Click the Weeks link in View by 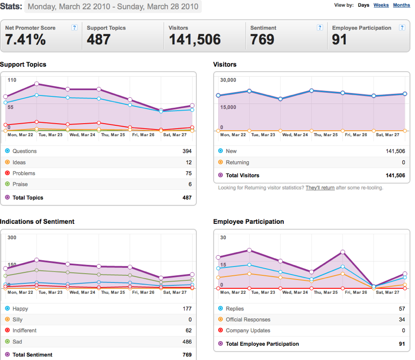[381, 5]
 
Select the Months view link [402, 5]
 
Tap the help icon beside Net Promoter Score [74, 27]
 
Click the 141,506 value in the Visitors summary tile [195, 39]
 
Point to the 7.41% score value [26, 39]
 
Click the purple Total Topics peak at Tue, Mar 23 [37, 84]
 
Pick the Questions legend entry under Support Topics [21, 151]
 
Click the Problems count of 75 [188, 173]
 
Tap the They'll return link [320, 188]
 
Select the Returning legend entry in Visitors [233, 163]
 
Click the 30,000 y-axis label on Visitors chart [228, 80]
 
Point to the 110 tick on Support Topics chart [12, 80]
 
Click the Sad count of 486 [187, 342]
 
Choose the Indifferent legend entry [21, 330]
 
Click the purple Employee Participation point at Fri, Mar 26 [343, 252]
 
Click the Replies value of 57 [402, 309]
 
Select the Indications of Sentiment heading [37, 221]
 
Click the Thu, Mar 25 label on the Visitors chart [325, 135]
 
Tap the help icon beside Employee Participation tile [402, 27]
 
